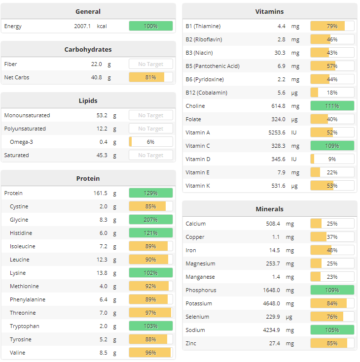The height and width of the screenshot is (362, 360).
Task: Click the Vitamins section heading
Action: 269,11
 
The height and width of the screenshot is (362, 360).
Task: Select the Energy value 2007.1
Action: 82,26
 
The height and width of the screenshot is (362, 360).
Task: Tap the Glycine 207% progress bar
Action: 150,220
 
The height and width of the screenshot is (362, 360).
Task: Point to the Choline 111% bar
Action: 332,106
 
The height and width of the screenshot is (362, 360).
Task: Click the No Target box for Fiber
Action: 150,64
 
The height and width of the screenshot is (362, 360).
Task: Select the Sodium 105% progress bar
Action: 332,330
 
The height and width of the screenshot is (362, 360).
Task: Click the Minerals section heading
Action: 269,209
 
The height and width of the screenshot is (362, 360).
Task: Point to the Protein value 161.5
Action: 100,193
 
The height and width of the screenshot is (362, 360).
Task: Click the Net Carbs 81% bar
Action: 150,77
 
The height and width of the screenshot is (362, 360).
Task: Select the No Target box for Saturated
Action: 150,155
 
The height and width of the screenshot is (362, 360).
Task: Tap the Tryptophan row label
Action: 25,326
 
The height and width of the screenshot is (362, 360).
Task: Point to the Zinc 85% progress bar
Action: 332,343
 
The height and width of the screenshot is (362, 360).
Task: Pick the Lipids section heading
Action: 88,100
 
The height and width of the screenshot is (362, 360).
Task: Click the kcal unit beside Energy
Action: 102,26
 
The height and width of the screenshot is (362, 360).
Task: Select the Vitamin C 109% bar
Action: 332,146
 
